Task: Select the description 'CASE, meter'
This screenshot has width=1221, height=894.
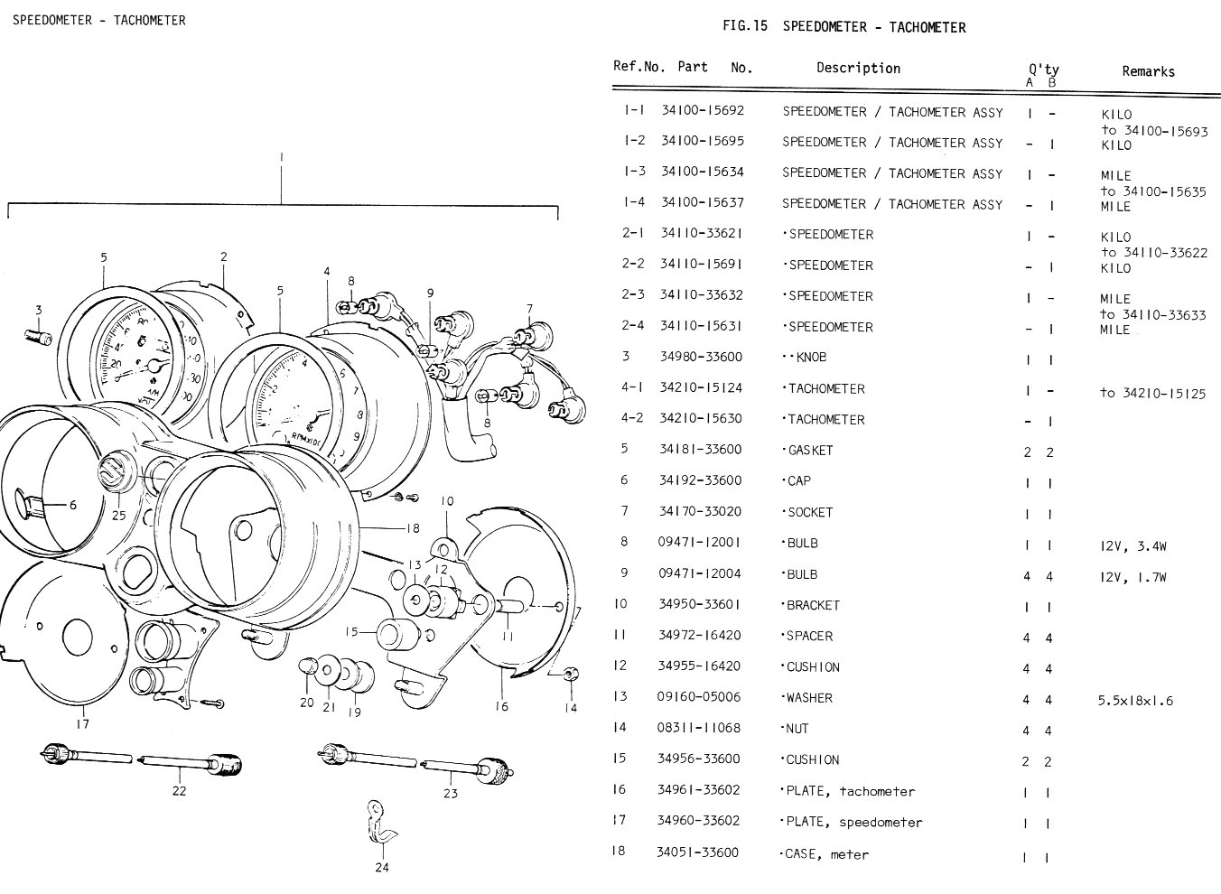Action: pos(825,853)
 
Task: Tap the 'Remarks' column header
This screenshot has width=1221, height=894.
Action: pos(1148,71)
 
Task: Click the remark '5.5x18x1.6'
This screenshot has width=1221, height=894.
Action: pos(1136,700)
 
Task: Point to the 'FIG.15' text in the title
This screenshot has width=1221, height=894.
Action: pos(745,26)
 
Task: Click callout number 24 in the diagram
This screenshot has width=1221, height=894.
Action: pos(382,869)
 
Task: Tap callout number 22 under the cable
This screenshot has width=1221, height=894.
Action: pos(179,791)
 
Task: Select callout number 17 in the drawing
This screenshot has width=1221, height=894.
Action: pos(82,722)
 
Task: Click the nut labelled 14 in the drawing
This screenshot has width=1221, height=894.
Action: pos(570,675)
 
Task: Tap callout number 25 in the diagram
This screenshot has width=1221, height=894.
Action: pos(119,515)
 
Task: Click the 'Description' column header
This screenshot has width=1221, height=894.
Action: pos(858,68)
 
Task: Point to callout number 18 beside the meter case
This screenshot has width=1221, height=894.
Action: pos(413,527)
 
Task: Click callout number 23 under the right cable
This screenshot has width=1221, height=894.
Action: pos(450,794)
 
